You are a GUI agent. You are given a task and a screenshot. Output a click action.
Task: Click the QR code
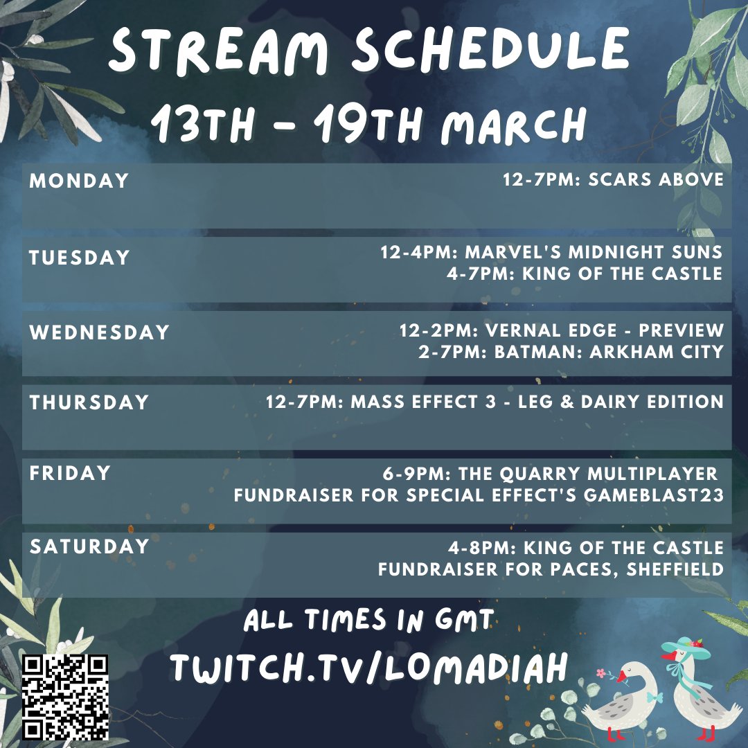click(x=66, y=696)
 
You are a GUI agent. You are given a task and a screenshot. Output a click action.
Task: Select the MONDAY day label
click(x=79, y=181)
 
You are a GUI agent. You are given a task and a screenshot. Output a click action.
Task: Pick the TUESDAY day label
click(x=80, y=258)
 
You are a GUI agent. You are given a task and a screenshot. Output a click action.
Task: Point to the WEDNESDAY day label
click(x=100, y=332)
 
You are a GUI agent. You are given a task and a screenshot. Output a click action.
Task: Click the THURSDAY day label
click(x=89, y=402)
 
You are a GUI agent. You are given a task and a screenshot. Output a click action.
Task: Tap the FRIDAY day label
click(x=70, y=473)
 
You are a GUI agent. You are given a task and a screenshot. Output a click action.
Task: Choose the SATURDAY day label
click(x=89, y=546)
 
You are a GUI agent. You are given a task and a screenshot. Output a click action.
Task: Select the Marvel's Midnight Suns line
click(x=551, y=251)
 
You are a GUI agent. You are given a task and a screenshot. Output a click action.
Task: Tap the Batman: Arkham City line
click(x=571, y=351)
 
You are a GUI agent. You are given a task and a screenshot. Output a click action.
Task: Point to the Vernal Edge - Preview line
click(x=561, y=330)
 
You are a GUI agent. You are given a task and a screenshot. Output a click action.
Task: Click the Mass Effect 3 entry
click(x=495, y=401)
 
